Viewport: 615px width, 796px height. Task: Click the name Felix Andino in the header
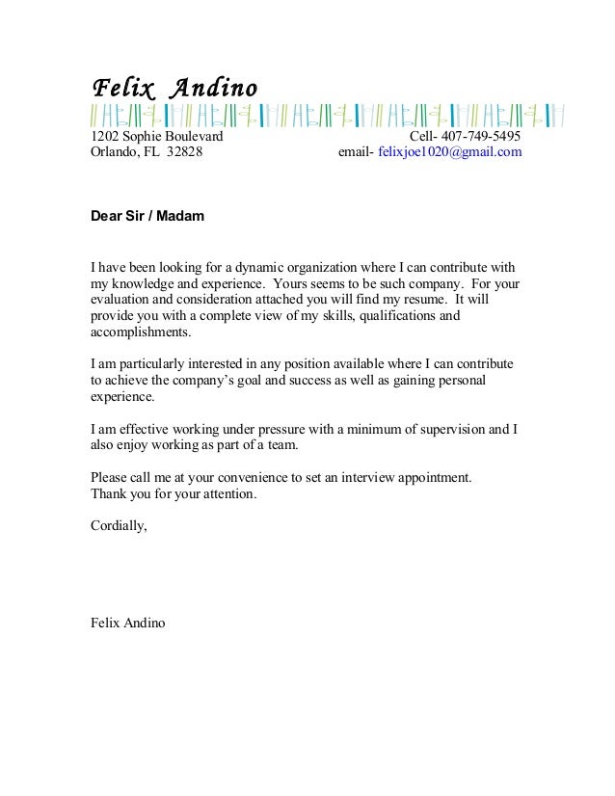coord(174,89)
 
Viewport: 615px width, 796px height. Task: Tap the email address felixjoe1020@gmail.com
coord(450,152)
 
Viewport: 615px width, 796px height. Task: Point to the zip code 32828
coord(184,152)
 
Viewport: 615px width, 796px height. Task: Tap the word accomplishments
coord(140,332)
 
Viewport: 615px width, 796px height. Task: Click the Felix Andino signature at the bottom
coord(127,624)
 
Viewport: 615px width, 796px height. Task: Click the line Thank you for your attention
coord(174,494)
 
